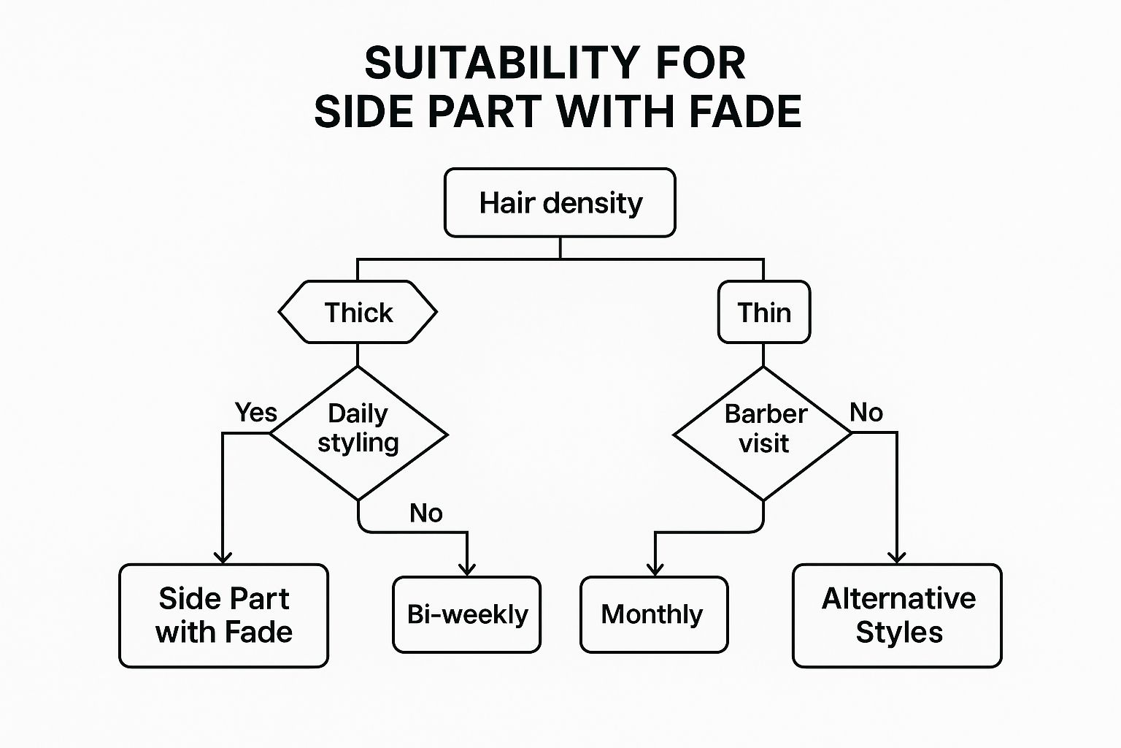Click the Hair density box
click(x=560, y=203)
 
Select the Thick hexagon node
click(x=358, y=313)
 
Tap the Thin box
click(x=764, y=313)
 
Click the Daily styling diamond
click(x=358, y=432)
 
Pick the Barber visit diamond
click(x=763, y=433)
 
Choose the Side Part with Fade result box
click(x=223, y=615)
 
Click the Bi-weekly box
click(x=467, y=614)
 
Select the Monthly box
click(x=654, y=614)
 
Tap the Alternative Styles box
click(x=897, y=615)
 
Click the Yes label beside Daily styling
click(x=255, y=413)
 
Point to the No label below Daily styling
click(x=425, y=514)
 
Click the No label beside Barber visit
click(x=866, y=413)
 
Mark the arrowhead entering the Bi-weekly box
click(x=467, y=569)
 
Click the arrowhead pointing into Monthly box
click(x=655, y=569)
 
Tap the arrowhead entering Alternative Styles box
click(x=896, y=557)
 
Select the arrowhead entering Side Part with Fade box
click(x=223, y=557)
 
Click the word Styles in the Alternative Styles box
click(x=899, y=633)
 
